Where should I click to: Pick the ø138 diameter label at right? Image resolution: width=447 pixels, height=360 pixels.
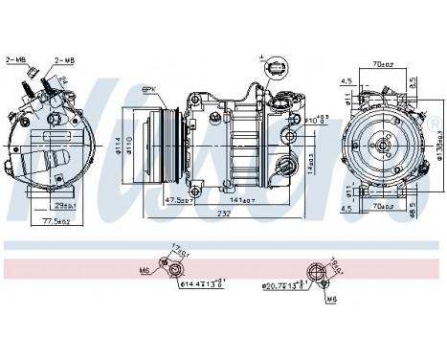pos(438,145)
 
